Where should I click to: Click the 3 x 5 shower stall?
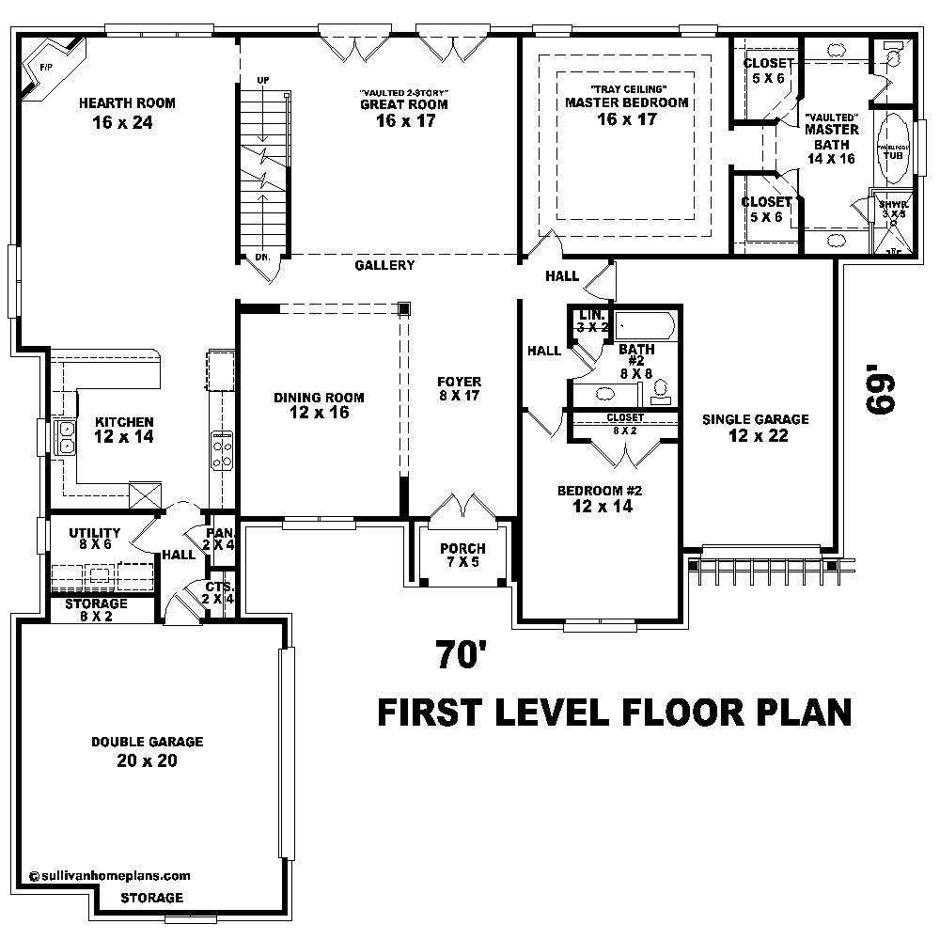(x=892, y=225)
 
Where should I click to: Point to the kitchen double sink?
(x=68, y=437)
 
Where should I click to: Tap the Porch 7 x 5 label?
(x=462, y=556)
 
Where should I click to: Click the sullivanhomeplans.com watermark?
(x=110, y=874)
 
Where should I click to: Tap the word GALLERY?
(x=384, y=266)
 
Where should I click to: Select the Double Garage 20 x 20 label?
(x=147, y=751)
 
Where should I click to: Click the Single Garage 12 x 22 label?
(x=755, y=428)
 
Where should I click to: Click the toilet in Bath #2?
(x=661, y=387)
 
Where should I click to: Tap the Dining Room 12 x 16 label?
(x=319, y=405)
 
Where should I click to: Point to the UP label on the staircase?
(x=264, y=80)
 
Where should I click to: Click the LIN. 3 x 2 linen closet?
(x=592, y=321)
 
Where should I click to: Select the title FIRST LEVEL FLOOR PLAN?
(x=614, y=713)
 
